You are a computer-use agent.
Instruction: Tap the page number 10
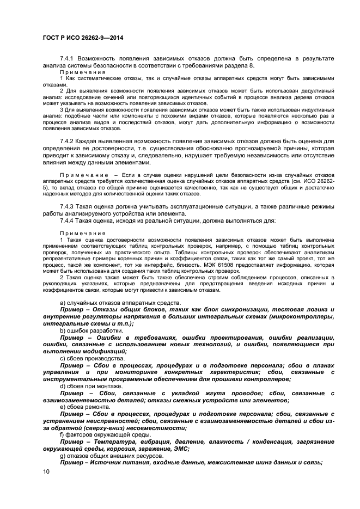click(x=46, y=471)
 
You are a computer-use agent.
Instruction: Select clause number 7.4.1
click(x=68, y=58)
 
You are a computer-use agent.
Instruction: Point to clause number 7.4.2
click(x=68, y=141)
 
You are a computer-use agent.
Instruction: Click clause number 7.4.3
click(x=68, y=207)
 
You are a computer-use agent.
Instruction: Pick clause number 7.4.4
click(x=68, y=220)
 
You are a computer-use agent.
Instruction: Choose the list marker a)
click(x=63, y=303)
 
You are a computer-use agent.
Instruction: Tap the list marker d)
click(x=63, y=386)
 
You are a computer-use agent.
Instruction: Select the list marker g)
click(x=63, y=456)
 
